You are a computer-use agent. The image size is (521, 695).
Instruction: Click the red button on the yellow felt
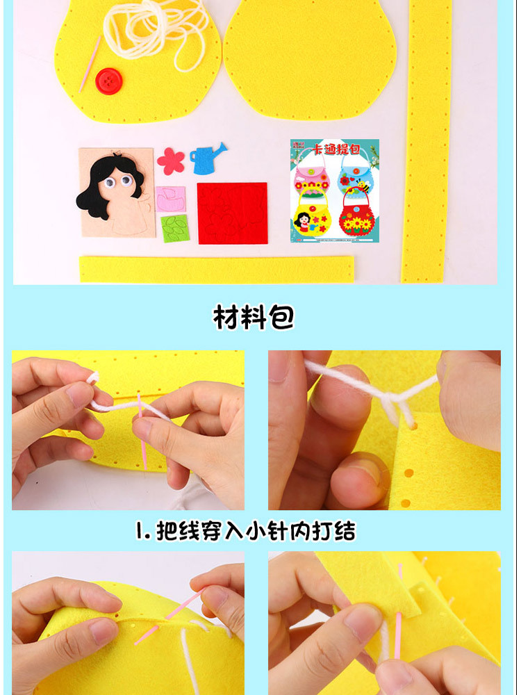(x=107, y=80)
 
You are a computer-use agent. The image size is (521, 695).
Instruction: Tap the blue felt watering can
(x=207, y=157)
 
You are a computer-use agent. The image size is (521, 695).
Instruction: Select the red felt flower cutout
(x=170, y=161)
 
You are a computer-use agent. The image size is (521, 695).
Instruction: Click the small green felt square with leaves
(x=172, y=228)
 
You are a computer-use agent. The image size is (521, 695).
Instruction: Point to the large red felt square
(x=232, y=213)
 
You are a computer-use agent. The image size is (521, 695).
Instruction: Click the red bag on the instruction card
(x=356, y=215)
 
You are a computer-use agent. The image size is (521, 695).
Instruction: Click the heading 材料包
(x=254, y=317)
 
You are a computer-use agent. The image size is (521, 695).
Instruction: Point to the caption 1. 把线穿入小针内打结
(x=245, y=532)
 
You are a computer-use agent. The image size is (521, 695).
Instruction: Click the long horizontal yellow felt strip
(x=216, y=268)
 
